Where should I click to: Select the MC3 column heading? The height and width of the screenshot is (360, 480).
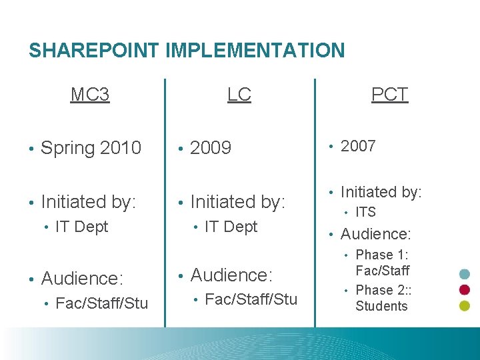tap(90, 95)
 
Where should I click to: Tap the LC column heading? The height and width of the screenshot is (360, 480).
tap(239, 95)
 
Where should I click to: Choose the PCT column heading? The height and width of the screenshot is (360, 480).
tap(389, 95)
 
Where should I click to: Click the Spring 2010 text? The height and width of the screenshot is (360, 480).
tap(91, 148)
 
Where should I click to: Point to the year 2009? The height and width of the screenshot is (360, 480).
tap(211, 148)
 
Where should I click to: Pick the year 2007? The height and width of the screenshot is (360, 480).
tap(358, 146)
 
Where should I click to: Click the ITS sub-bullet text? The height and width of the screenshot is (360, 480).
tap(365, 213)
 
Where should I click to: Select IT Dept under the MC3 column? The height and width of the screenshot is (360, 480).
tap(82, 227)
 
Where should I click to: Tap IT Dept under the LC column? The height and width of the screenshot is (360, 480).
tap(231, 227)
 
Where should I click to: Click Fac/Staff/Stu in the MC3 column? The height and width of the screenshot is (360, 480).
tap(102, 304)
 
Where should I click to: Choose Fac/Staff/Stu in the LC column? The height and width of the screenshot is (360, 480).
tap(251, 299)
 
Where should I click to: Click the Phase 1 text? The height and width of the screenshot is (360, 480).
tap(382, 255)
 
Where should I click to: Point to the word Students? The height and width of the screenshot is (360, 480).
tap(381, 307)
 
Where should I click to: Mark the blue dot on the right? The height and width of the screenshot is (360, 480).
tap(465, 274)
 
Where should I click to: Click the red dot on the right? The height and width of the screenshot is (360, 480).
tap(465, 290)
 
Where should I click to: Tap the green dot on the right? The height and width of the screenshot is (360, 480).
tap(465, 306)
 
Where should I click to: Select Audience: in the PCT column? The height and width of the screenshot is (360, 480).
tap(376, 234)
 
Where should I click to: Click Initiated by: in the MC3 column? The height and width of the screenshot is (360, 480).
tap(89, 201)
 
